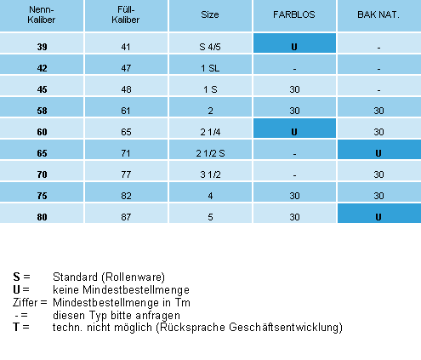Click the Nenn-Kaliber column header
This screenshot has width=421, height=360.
[x=42, y=14]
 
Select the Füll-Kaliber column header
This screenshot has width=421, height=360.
[x=126, y=14]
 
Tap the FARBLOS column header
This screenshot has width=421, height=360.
[x=294, y=14]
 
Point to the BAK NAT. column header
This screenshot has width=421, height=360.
[x=378, y=14]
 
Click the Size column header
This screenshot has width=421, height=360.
[x=210, y=14]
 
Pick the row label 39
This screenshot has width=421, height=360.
[x=42, y=47]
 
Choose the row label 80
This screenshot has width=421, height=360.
[x=42, y=217]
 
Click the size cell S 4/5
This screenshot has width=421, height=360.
[x=210, y=47]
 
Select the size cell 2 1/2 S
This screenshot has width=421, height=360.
[x=210, y=153]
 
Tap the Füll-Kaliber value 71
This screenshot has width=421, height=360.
[x=126, y=153]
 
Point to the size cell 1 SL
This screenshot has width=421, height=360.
[x=210, y=68]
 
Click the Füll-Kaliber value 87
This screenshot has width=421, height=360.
[x=126, y=217]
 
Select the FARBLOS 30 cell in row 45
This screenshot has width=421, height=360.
[x=294, y=89]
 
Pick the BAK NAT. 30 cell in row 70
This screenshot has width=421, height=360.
[x=378, y=174]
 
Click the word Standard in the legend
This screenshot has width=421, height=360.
[x=75, y=277]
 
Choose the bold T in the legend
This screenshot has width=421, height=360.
[x=16, y=327]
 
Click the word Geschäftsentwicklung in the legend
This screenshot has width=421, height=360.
[x=284, y=328]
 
